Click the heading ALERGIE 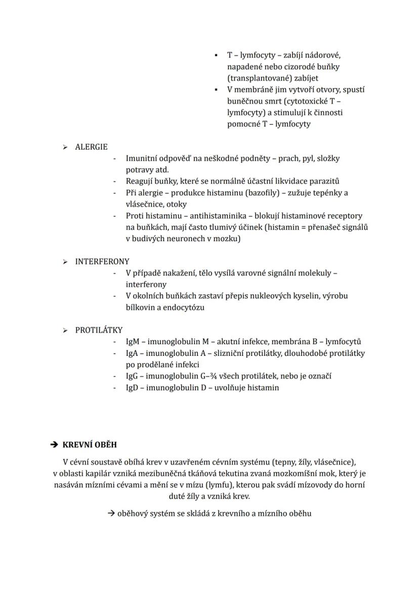91,147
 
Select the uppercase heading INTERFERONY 102,262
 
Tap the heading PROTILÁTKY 99,330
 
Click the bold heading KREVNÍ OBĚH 90,445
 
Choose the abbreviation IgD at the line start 132,388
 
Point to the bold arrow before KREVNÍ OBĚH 54,445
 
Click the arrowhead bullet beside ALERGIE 65,147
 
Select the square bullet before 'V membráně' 216,89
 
